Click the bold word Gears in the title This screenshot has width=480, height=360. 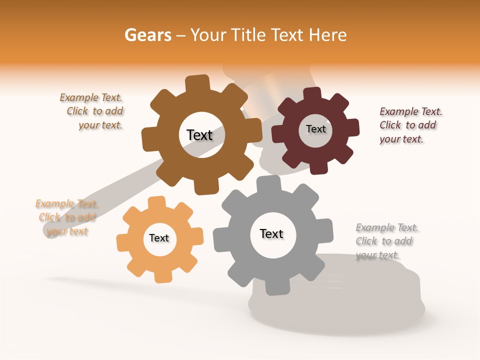(147, 35)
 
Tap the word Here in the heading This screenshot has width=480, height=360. (327, 35)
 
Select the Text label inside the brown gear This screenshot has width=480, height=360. (199, 135)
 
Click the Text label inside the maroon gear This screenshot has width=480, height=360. (315, 129)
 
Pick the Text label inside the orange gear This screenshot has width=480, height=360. (159, 238)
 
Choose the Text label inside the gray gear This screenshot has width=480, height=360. (271, 233)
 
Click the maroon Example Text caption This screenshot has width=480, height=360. (410, 125)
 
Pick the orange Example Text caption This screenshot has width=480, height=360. (66, 217)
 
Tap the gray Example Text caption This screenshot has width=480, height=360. (386, 241)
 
